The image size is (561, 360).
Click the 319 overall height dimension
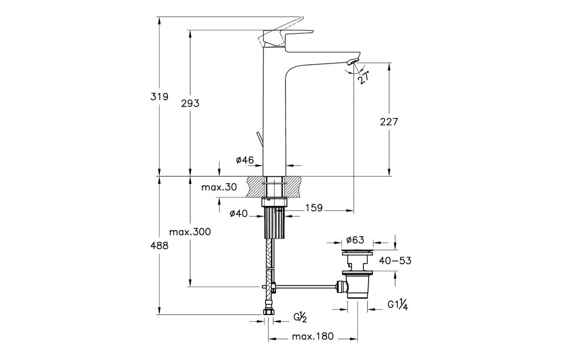pyautogui.click(x=159, y=97)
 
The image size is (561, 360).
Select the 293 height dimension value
pyautogui.click(x=190, y=103)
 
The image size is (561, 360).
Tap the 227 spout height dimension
pyautogui.click(x=389, y=122)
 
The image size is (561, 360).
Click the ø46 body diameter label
pyautogui.click(x=246, y=160)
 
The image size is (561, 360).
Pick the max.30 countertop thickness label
pyautogui.click(x=220, y=187)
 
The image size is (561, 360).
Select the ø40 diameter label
pyautogui.click(x=239, y=213)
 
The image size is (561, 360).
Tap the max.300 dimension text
pyautogui.click(x=190, y=232)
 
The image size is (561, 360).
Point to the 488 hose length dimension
pyautogui.click(x=159, y=245)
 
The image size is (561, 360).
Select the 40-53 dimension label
pyautogui.click(x=395, y=261)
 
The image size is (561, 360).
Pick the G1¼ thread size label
pyautogui.click(x=397, y=305)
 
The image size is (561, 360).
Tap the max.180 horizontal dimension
pyautogui.click(x=313, y=337)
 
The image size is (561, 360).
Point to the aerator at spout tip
pyautogui.click(x=353, y=61)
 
